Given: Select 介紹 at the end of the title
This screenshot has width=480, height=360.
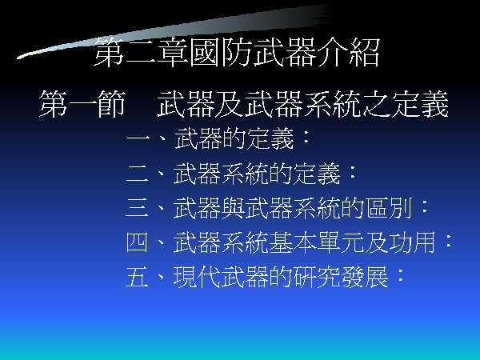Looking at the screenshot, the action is tap(349, 52).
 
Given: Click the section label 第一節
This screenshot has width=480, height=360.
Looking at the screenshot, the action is tap(82, 104).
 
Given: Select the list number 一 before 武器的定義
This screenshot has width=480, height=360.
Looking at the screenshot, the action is tap(138, 139).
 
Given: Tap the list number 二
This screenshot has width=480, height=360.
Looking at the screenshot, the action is tap(138, 174).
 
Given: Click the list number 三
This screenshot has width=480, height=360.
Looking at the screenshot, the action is tap(138, 208).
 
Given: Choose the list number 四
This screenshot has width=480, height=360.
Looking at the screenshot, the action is tap(137, 242).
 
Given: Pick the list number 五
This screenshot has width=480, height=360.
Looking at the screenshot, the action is tap(137, 277).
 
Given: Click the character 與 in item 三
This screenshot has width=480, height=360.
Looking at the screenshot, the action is tap(233, 208).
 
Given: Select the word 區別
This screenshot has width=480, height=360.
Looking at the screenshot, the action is tap(389, 208).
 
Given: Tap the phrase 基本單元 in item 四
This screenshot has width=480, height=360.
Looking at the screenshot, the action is tap(317, 242).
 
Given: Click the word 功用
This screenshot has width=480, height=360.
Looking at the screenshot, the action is tap(412, 242).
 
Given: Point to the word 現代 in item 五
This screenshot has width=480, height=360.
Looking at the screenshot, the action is tap(197, 277).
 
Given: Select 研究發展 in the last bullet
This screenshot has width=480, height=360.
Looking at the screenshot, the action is tap(341, 277).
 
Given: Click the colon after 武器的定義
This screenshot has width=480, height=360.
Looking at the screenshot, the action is tap(306, 138).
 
